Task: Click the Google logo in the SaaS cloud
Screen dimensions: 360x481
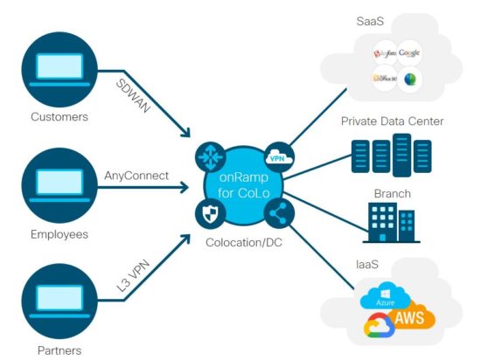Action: (409, 53)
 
